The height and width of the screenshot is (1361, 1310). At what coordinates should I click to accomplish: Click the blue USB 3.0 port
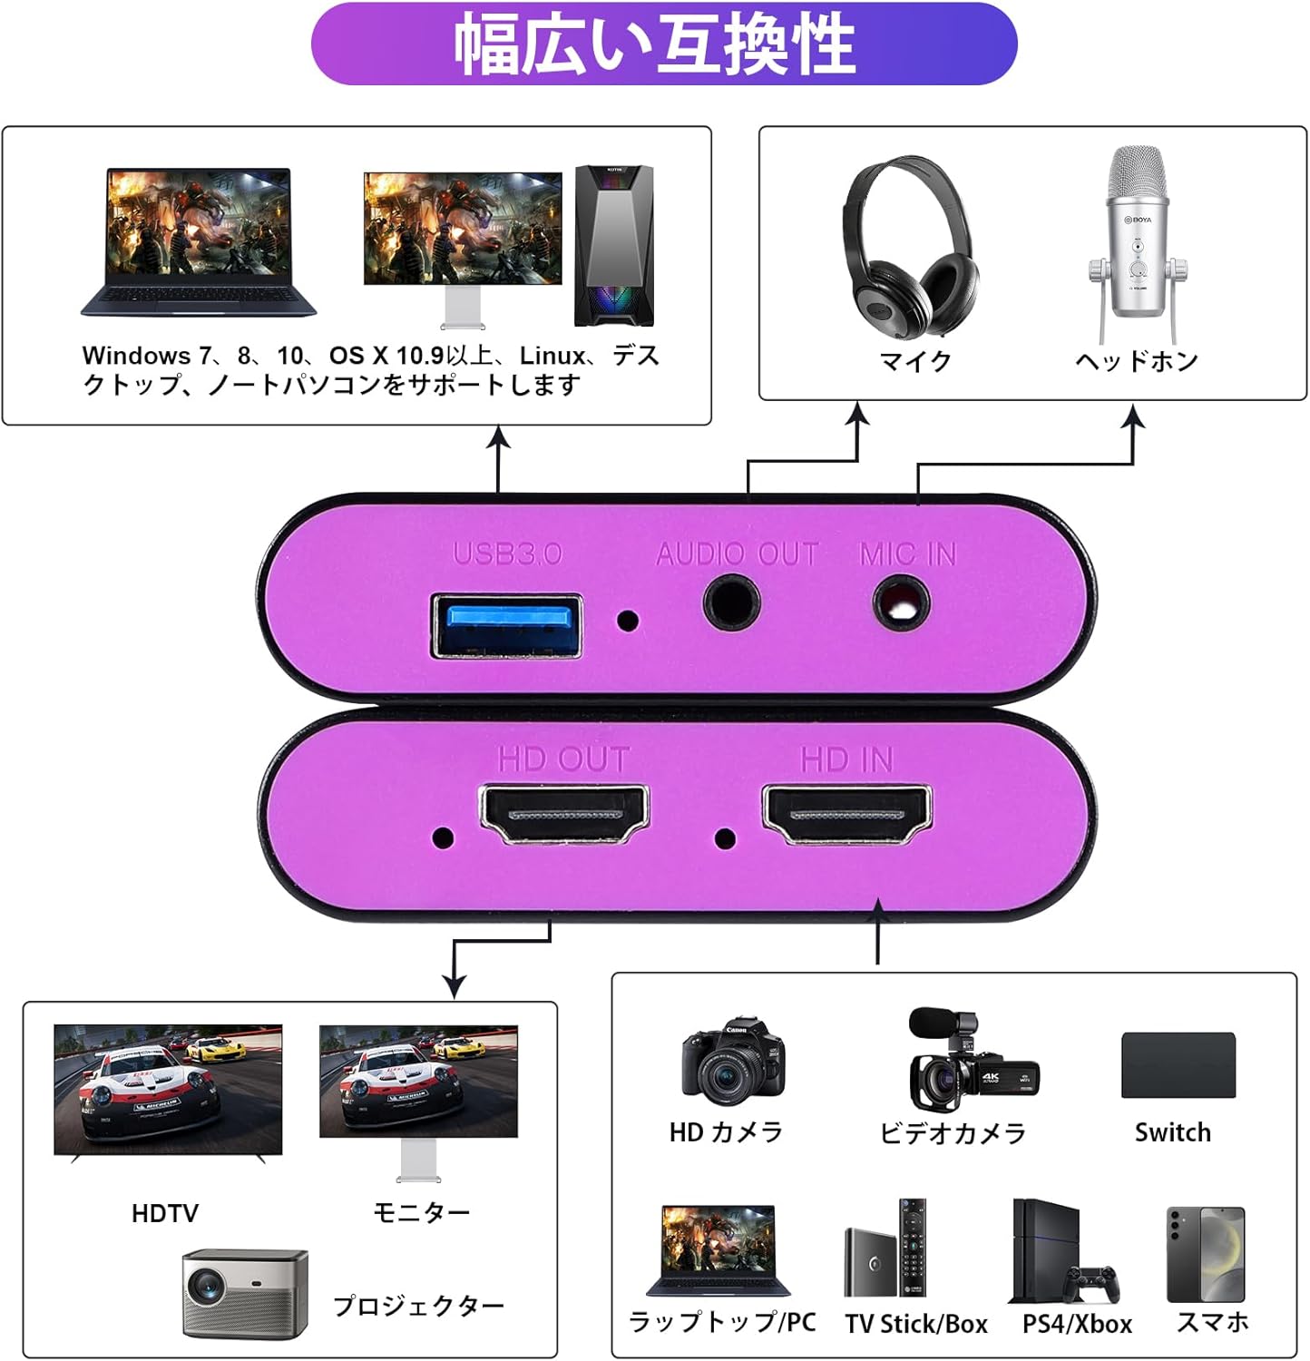[506, 625]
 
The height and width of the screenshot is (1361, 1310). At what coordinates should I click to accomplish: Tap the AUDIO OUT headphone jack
[731, 603]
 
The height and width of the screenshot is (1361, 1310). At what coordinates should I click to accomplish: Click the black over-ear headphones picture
[910, 247]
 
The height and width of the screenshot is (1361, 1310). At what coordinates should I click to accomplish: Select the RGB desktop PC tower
[614, 245]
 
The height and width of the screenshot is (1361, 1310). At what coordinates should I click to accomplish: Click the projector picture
[245, 1292]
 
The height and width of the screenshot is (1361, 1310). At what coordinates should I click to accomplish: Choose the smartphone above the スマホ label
[1205, 1254]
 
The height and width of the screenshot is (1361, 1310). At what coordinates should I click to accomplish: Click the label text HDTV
[164, 1213]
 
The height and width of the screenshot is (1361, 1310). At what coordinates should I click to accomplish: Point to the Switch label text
[1172, 1132]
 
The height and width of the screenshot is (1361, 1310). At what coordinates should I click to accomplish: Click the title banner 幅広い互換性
[663, 44]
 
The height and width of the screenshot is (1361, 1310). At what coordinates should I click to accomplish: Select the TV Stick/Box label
[916, 1324]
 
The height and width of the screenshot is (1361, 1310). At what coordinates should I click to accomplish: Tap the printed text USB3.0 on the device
[507, 553]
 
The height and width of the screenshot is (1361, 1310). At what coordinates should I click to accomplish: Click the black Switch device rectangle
[1178, 1065]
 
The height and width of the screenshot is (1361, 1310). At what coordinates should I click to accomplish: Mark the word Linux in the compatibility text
[552, 356]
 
